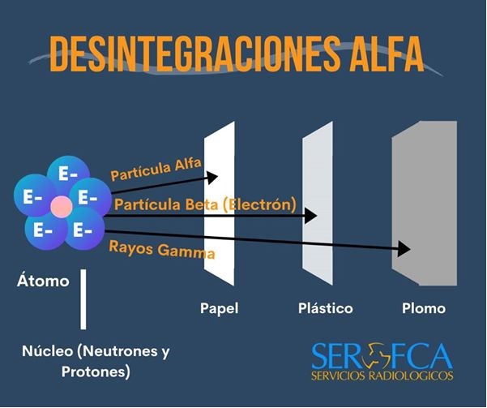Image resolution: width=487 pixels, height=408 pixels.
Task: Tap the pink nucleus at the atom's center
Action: (x=61, y=206)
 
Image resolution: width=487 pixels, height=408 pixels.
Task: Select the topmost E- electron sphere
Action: (x=62, y=174)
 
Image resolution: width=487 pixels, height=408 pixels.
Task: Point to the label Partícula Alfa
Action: (x=156, y=170)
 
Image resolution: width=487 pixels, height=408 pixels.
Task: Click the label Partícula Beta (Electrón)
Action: (x=205, y=204)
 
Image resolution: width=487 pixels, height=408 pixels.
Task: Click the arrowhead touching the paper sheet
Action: (x=213, y=176)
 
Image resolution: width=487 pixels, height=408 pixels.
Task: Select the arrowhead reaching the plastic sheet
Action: (x=310, y=215)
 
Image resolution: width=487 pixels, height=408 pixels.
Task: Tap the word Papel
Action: (x=220, y=308)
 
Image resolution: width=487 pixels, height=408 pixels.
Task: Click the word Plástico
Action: (x=324, y=308)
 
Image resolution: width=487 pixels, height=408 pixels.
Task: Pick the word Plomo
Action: (x=424, y=308)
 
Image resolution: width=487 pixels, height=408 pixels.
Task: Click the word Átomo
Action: (x=43, y=281)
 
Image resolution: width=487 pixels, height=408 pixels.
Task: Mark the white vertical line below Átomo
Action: (x=83, y=299)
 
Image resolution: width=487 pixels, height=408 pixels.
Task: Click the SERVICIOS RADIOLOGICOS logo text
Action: (x=382, y=376)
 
